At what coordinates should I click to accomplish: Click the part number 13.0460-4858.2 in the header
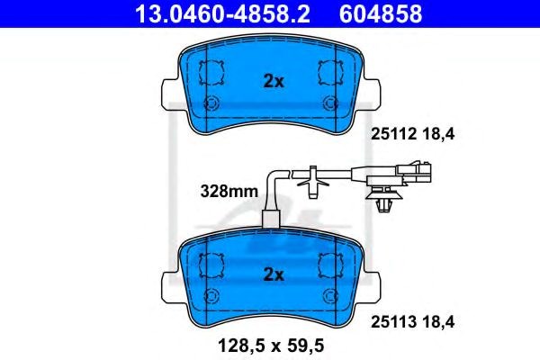pyautogui.click(x=223, y=13)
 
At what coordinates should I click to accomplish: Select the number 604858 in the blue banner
pyautogui.click(x=381, y=13)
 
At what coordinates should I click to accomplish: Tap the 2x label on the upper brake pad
pyautogui.click(x=274, y=81)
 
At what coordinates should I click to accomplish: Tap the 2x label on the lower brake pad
pyautogui.click(x=274, y=274)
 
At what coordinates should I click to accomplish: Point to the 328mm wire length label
pyautogui.click(x=229, y=191)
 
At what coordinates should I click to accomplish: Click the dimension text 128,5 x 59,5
pyautogui.click(x=271, y=346)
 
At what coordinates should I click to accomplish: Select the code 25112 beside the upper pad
pyautogui.click(x=393, y=134)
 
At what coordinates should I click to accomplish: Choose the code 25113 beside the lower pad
pyautogui.click(x=393, y=322)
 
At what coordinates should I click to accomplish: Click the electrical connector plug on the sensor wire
pyautogui.click(x=413, y=171)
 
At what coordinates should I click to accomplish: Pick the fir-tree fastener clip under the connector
pyautogui.click(x=384, y=198)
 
